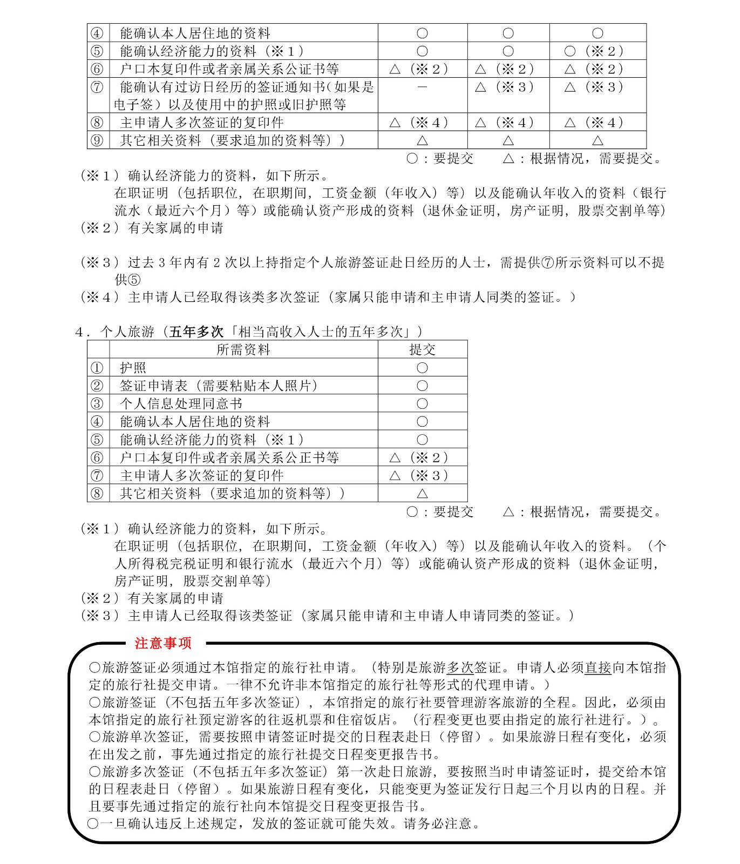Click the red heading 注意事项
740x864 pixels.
pos(163,643)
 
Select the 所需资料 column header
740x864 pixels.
pos(243,349)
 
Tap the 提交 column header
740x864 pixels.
pos(422,349)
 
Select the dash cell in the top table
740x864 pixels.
pos(422,87)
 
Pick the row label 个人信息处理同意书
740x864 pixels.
pos(181,403)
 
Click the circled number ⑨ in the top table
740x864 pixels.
pos(97,140)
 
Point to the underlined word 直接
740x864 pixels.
pos(598,667)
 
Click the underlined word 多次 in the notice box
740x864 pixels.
pos(460,667)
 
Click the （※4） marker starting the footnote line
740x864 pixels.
pos(100,297)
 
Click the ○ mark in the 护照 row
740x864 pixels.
pos(422,368)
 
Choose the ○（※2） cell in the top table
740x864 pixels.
pos(594,51)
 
